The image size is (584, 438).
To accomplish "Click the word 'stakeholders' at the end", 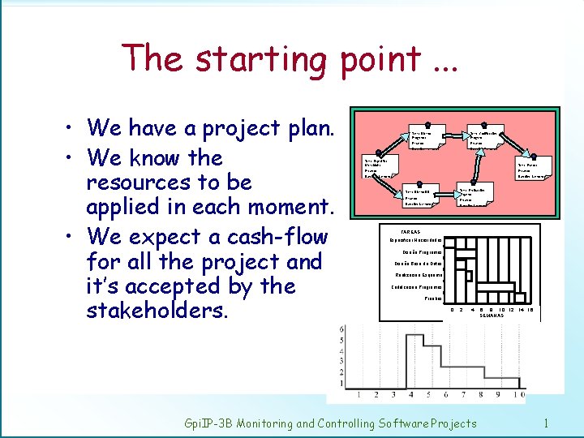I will [159, 311].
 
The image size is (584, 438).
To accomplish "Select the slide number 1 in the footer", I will [547, 423].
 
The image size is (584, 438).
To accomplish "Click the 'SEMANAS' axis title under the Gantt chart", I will [492, 315].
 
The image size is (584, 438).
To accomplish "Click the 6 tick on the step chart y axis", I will [342, 329].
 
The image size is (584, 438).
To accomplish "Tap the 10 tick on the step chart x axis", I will [518, 395].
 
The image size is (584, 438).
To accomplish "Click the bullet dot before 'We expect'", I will [73, 238].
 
